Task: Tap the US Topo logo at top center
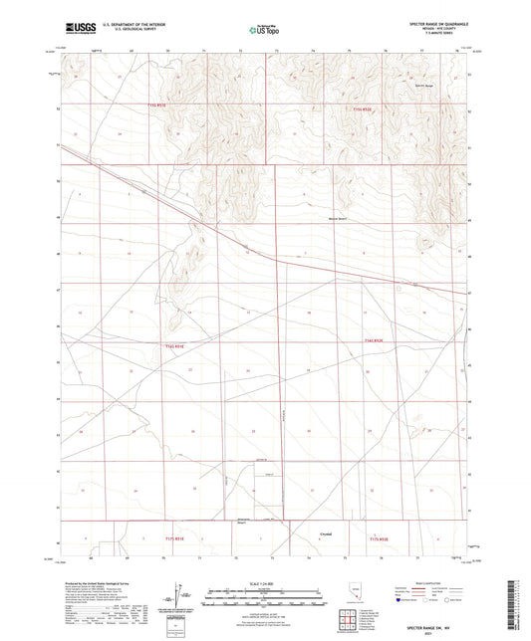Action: point(263,31)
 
